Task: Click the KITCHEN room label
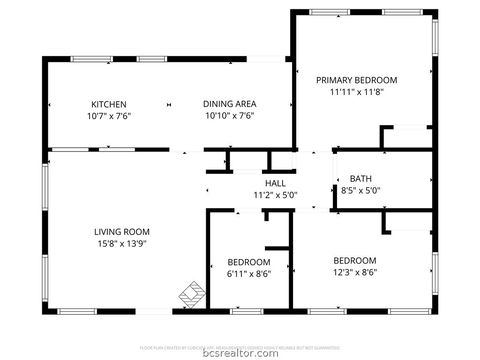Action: [x=108, y=104]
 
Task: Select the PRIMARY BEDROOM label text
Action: [x=357, y=80]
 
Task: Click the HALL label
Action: [x=274, y=183]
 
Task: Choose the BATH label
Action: [x=360, y=178]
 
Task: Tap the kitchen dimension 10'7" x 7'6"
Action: [x=108, y=116]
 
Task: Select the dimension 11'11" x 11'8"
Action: [x=357, y=92]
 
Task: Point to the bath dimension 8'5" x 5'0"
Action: [x=360, y=190]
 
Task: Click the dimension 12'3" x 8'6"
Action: [x=355, y=272]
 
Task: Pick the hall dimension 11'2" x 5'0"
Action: [x=274, y=195]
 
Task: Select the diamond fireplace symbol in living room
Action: [x=189, y=296]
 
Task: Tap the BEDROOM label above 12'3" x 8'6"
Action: [x=355, y=260]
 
